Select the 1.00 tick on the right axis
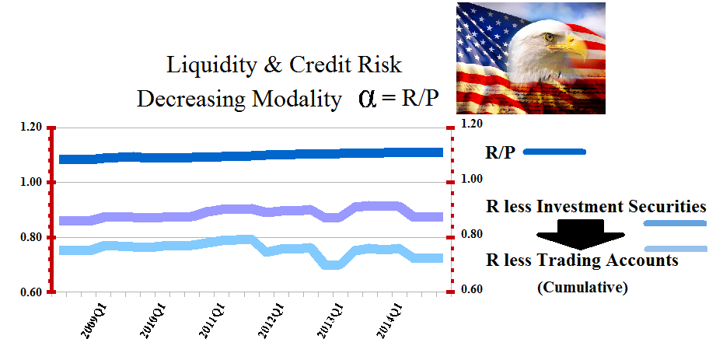click(x=472, y=179)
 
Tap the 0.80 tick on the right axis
click(x=472, y=234)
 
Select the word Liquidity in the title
click(x=204, y=65)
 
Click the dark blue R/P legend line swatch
click(x=554, y=152)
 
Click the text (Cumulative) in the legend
click(x=582, y=287)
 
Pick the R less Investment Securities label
click(x=596, y=207)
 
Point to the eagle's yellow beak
click(x=577, y=48)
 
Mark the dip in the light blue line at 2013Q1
click(x=335, y=264)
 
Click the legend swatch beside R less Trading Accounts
click(x=676, y=249)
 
